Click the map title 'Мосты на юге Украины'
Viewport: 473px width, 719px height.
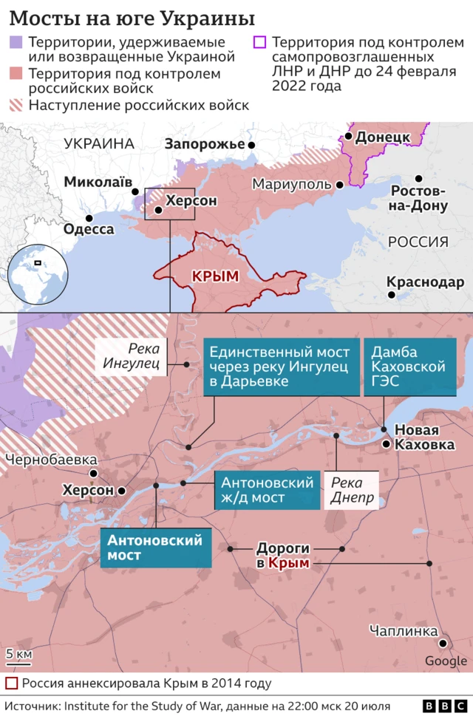pos(132,18)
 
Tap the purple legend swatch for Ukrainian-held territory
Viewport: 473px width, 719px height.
pos(16,43)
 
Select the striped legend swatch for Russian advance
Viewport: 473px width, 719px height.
pos(16,105)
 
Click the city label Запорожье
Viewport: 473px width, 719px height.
pos(204,144)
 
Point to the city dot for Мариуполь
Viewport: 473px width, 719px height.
pos(339,185)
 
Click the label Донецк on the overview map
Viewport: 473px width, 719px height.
pos(382,137)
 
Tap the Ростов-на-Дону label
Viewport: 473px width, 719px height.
pos(418,197)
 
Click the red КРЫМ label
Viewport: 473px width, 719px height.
pos(215,276)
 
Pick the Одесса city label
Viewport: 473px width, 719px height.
pos(89,229)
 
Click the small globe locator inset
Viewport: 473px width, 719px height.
pos(35,270)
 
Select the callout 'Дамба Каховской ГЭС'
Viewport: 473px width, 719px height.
pos(409,367)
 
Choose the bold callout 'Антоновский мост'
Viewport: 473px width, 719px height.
pos(155,548)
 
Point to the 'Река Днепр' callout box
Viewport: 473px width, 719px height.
pos(351,490)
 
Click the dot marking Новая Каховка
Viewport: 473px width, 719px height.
pos(386,444)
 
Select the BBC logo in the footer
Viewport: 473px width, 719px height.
pos(441,706)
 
